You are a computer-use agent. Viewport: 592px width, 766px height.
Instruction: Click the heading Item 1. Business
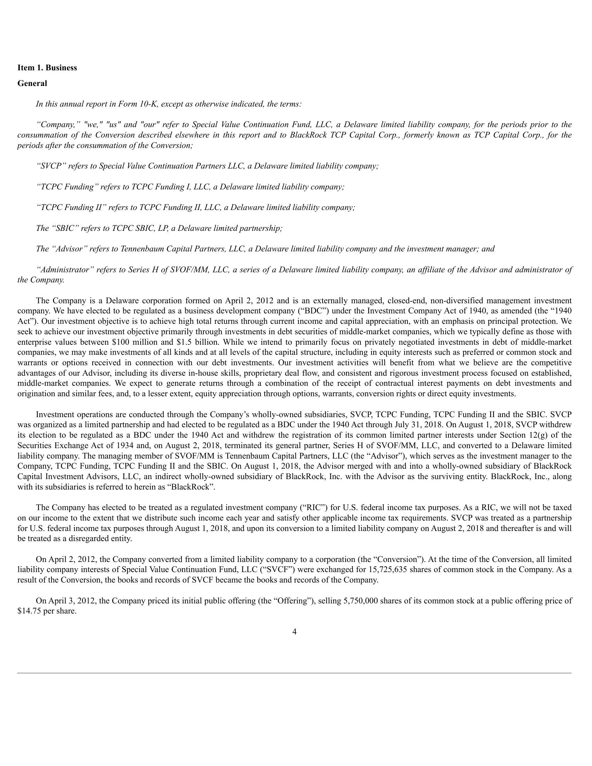[47, 68]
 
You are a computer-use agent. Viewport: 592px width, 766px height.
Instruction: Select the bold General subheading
[32, 84]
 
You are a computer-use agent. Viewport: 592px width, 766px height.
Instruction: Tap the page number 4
[295, 641]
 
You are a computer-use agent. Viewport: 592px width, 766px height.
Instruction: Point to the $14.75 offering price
[29, 611]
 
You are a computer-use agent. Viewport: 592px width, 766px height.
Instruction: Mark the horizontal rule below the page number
[295, 673]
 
